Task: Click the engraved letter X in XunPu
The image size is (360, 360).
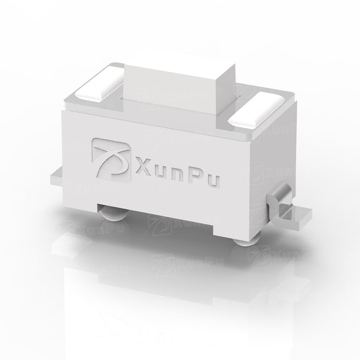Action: tap(143, 166)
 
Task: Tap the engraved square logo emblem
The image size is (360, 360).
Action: tap(111, 160)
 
